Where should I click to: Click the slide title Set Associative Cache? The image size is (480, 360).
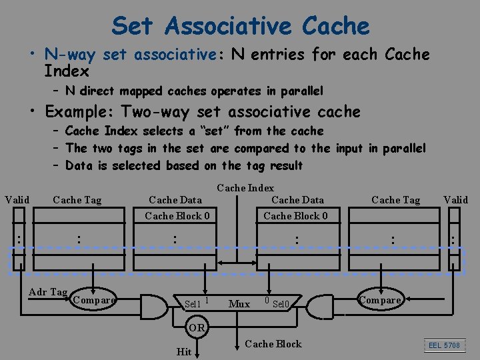click(x=240, y=26)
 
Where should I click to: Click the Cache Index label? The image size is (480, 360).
click(x=245, y=188)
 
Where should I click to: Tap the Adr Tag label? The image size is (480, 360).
click(x=48, y=292)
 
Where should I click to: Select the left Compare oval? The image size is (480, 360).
click(x=94, y=300)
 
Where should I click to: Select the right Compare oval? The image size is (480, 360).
click(x=381, y=300)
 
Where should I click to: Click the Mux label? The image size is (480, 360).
click(x=239, y=304)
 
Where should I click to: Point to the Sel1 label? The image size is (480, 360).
click(x=193, y=304)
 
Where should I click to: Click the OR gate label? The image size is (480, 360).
click(x=197, y=327)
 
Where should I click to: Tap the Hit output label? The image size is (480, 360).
click(x=183, y=351)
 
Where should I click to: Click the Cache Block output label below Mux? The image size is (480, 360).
click(x=273, y=344)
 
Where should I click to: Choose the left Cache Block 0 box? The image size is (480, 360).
click(x=177, y=215)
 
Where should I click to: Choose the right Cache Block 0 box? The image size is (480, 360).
click(x=295, y=215)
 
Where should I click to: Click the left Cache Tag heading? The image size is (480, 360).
click(x=77, y=200)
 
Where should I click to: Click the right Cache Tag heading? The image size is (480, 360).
click(x=395, y=200)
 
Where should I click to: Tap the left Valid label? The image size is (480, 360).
click(x=17, y=199)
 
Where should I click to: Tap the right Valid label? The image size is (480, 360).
click(x=456, y=199)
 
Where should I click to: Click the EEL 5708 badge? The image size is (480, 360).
click(x=443, y=345)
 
